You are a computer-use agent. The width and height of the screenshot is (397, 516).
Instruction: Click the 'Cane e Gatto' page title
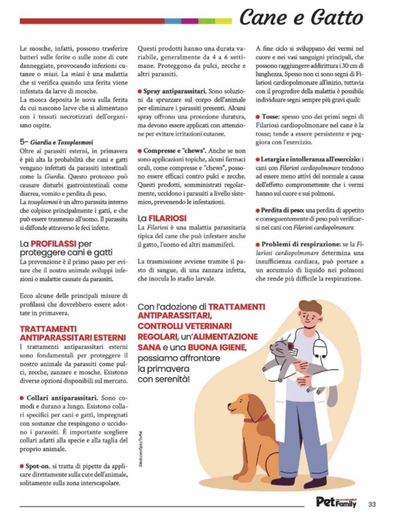pos(301,18)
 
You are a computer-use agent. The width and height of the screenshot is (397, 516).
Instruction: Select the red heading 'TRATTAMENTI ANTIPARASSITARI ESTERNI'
pos(73,333)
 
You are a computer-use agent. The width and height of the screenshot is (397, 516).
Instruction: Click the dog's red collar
pos(257,418)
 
